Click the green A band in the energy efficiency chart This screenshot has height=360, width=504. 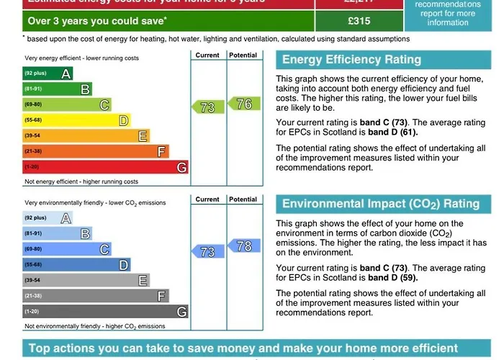pyautogui.click(x=48, y=73)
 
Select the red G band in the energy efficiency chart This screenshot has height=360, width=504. pyautogui.click(x=105, y=167)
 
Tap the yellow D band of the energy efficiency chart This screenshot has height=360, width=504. pyautogui.click(x=76, y=120)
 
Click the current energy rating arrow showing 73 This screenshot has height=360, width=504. pyautogui.click(x=207, y=107)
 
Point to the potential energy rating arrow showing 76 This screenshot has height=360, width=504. pyautogui.click(x=243, y=104)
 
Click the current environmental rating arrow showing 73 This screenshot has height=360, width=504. pyautogui.click(x=207, y=252)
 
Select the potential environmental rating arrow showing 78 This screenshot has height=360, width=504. pyautogui.click(x=243, y=246)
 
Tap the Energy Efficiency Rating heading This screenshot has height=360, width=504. pyautogui.click(x=351, y=60)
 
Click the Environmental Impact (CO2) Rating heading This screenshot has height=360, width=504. pyautogui.click(x=380, y=204)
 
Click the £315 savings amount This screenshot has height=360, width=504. pyautogui.click(x=358, y=21)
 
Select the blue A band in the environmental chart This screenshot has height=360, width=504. pyautogui.click(x=48, y=218)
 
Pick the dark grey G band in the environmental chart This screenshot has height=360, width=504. pyautogui.click(x=105, y=312)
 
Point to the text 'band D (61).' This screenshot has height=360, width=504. pyautogui.click(x=393, y=132)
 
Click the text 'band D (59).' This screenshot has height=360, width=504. pyautogui.click(x=393, y=277)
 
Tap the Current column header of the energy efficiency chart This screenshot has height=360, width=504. pyautogui.click(x=207, y=55)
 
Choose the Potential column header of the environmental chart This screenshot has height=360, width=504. pyautogui.click(x=243, y=199)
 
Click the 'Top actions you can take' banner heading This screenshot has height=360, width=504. pyautogui.click(x=243, y=349)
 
